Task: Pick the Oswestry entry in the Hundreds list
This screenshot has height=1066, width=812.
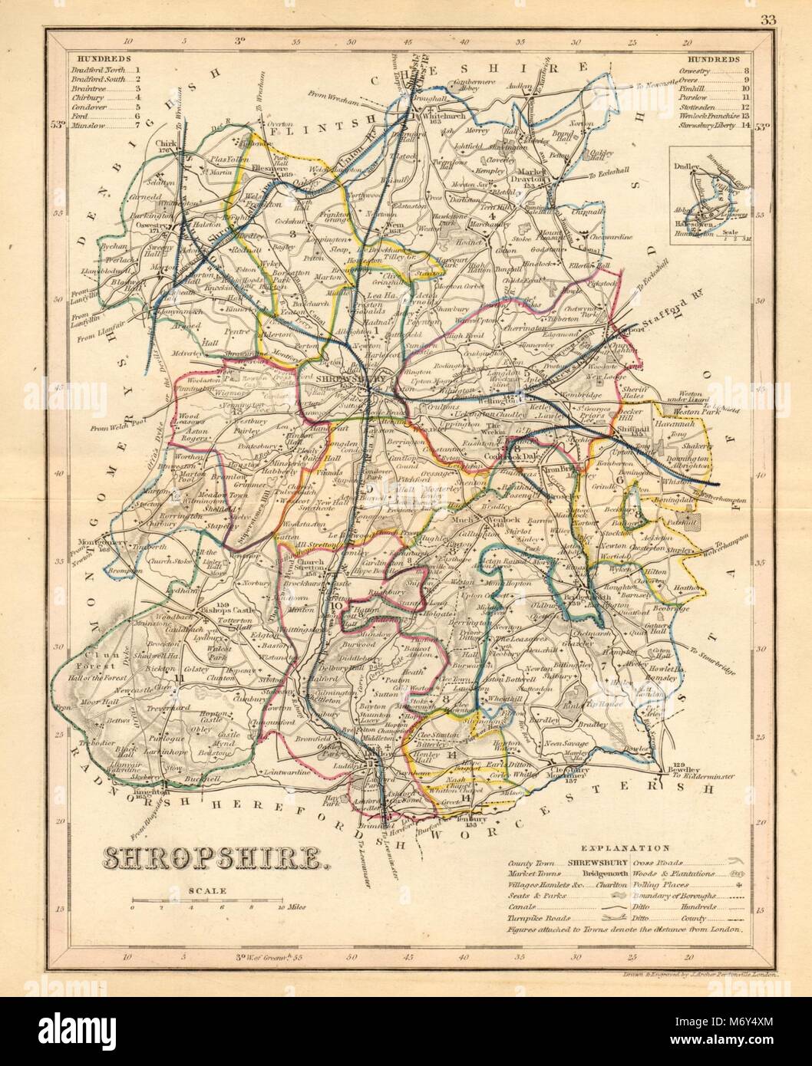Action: (694, 69)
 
